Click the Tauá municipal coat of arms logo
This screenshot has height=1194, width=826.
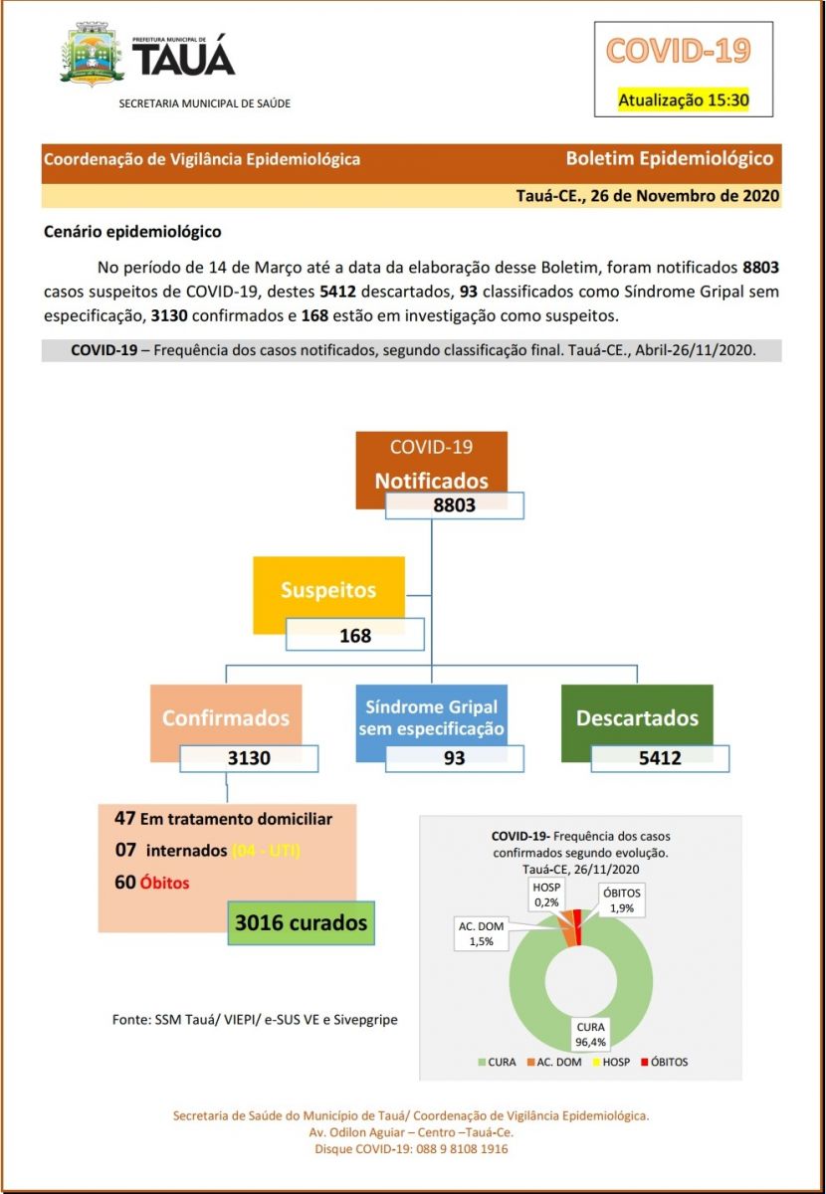click(93, 57)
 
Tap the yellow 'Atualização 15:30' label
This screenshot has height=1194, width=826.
click(683, 99)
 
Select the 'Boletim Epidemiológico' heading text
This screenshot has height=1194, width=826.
click(669, 158)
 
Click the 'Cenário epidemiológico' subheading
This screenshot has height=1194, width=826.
click(132, 232)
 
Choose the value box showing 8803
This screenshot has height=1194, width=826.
click(454, 504)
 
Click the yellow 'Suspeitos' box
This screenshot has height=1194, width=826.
click(328, 591)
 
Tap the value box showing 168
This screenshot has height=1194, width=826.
click(354, 635)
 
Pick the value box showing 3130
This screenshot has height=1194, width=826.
click(249, 758)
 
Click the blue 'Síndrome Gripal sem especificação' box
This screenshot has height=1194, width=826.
click(431, 717)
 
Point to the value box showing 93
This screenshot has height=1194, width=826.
click(454, 758)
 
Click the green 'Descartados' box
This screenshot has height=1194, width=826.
click(637, 717)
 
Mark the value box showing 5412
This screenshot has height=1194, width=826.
click(660, 758)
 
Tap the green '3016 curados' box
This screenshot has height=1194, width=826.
click(301, 923)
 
